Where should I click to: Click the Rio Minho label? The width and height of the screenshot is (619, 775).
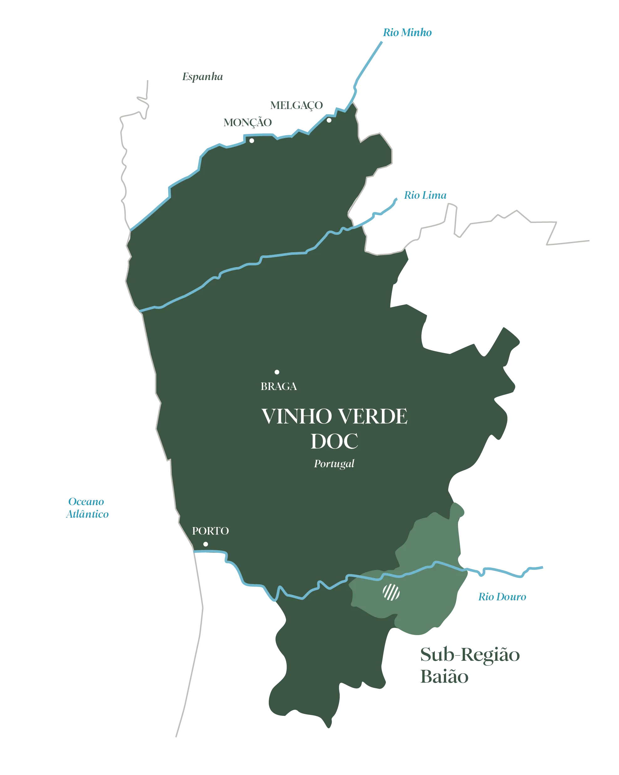tap(407, 32)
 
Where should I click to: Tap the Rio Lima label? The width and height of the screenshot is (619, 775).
tap(425, 195)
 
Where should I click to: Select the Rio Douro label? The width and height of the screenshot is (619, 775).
tap(502, 597)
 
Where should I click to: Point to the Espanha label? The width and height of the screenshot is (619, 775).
tap(202, 75)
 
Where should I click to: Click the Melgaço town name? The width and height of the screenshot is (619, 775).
tap(295, 105)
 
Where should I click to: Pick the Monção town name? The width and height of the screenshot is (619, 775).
tap(248, 122)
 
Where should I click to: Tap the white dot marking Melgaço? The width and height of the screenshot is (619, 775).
tap(329, 120)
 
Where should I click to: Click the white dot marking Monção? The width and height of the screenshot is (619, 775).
tap(252, 141)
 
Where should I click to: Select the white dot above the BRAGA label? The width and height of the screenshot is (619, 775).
tap(277, 372)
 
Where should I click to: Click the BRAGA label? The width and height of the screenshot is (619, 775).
tap(279, 387)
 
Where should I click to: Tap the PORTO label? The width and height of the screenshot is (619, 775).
tap(211, 531)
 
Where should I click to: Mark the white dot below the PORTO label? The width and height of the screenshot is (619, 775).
tap(206, 544)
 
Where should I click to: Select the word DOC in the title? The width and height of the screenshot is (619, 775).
tap(334, 441)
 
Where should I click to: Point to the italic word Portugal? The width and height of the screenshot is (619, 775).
tap(334, 463)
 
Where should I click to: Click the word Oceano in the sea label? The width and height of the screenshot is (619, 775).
tap(86, 501)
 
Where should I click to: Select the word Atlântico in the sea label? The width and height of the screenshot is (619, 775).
tap(87, 514)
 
